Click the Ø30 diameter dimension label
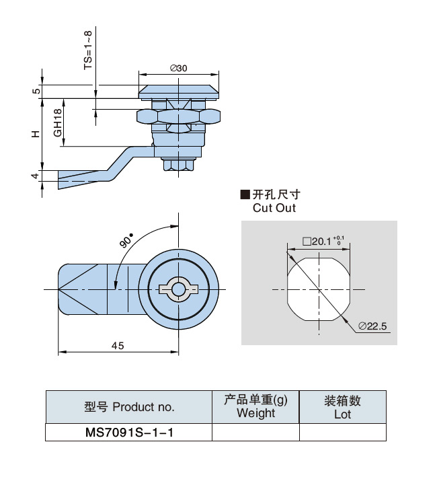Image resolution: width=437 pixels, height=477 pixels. point(179,68)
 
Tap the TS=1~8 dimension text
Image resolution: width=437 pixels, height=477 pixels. point(87,50)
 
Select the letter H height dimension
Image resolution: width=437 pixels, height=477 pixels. point(36,133)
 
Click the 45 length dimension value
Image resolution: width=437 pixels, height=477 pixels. point(118,345)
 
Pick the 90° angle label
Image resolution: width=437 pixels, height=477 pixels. point(126,240)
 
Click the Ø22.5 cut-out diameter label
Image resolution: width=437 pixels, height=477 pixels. point(374,326)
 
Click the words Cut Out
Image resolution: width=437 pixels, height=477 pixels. point(274,208)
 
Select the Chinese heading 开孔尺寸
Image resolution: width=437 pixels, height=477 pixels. point(274,195)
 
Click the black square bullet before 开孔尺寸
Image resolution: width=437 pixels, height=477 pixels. point(245,195)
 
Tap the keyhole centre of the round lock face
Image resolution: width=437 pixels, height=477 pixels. point(178,289)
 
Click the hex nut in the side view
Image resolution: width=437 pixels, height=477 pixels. point(178,116)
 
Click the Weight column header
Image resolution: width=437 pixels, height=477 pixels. point(255,406)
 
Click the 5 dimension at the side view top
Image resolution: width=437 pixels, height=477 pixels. point(36,91)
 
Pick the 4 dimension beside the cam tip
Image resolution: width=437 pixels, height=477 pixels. point(36,176)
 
